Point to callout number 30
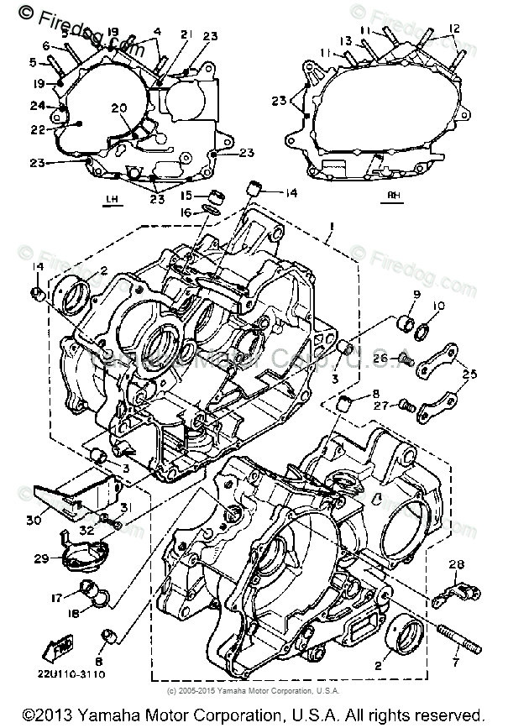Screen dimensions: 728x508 click(33, 521)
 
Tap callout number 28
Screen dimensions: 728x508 click(457, 563)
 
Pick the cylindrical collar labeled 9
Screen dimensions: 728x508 click(405, 323)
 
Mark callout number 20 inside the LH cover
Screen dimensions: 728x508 click(118, 107)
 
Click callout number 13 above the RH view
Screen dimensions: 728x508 click(345, 40)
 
